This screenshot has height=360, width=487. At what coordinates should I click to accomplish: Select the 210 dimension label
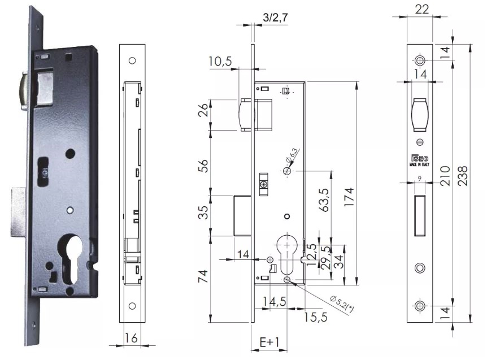tap(445, 176)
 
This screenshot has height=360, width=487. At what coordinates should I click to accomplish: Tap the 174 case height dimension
tap(349, 197)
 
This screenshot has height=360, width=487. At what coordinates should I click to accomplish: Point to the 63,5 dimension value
tap(324, 200)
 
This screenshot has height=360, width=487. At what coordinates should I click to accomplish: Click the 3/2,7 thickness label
tap(275, 18)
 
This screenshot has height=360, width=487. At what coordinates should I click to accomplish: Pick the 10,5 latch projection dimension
tap(220, 62)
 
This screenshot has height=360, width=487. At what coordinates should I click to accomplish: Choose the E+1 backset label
tap(269, 342)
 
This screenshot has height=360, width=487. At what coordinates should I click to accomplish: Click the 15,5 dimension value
tap(315, 317)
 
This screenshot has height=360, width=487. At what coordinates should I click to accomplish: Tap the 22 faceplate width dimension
tap(422, 9)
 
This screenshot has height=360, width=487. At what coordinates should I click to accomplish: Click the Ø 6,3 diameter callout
tap(292, 155)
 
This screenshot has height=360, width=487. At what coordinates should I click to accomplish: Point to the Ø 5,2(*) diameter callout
tap(342, 303)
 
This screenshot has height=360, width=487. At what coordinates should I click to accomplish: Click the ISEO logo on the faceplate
tap(420, 158)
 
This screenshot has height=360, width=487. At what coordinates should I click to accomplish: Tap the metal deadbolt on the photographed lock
tap(18, 212)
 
